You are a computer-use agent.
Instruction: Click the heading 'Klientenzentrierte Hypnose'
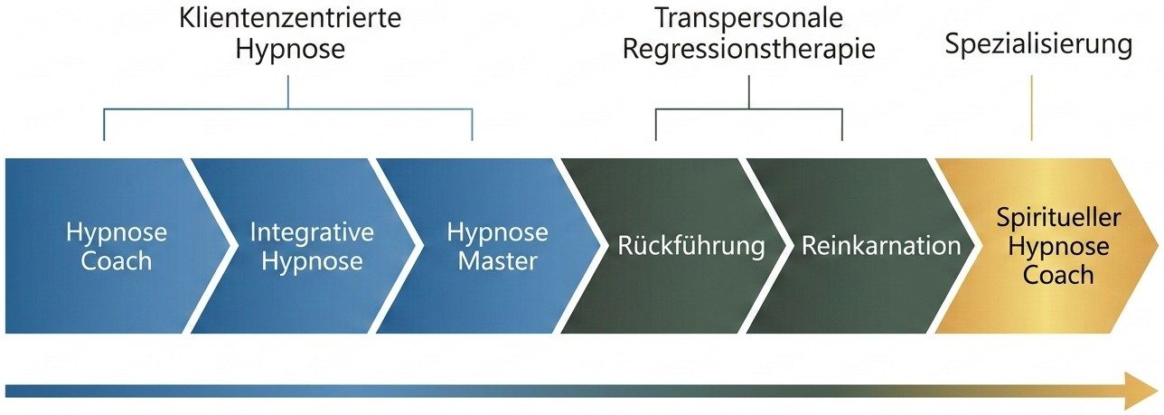(x=289, y=33)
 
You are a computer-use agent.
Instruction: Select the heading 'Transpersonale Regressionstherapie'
(x=749, y=33)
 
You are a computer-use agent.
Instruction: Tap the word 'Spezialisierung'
(x=1038, y=44)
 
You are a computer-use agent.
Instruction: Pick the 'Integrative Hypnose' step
(x=312, y=246)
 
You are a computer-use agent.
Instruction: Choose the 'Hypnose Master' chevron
(x=497, y=246)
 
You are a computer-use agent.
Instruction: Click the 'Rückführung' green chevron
(x=691, y=246)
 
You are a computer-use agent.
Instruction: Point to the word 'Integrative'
(x=312, y=232)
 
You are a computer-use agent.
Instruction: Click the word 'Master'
(x=497, y=262)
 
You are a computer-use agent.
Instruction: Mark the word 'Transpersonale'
(x=748, y=18)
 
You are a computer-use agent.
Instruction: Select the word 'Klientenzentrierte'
(x=290, y=17)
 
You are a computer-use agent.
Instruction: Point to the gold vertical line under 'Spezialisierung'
(x=1031, y=108)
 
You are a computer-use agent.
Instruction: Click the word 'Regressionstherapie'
(x=749, y=48)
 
